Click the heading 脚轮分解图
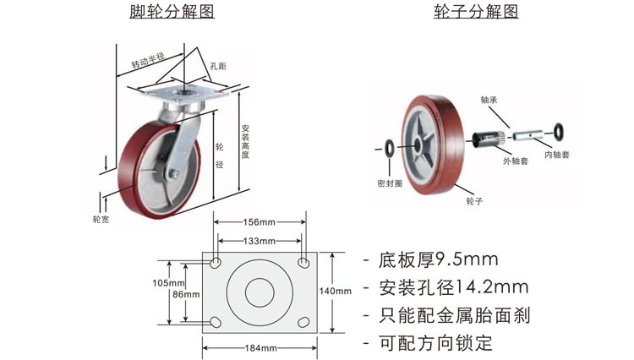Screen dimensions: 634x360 (x=172, y=11)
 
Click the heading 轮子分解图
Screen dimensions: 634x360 (x=476, y=11)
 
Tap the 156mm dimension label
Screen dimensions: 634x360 (x=260, y=222)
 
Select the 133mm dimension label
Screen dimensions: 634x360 (x=260, y=241)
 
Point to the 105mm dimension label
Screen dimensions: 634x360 (x=168, y=283)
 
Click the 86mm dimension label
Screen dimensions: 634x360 (x=186, y=295)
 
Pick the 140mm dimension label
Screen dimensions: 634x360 (x=336, y=291)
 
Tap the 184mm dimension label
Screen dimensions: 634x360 (x=261, y=348)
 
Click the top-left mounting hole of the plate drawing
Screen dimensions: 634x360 (x=216, y=263)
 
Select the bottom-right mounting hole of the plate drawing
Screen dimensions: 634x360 (x=303, y=322)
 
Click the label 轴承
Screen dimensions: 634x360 (x=489, y=100)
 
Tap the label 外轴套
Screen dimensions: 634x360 (x=515, y=161)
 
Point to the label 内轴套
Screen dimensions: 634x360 (x=557, y=155)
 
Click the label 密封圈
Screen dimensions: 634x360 (x=390, y=183)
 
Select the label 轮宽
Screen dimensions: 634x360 (x=101, y=220)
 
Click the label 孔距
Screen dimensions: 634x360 (x=218, y=66)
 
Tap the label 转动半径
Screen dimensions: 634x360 (x=148, y=60)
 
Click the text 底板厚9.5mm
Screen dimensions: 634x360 (x=438, y=259)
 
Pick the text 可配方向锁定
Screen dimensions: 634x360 (x=435, y=343)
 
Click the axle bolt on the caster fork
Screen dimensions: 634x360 (x=174, y=174)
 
